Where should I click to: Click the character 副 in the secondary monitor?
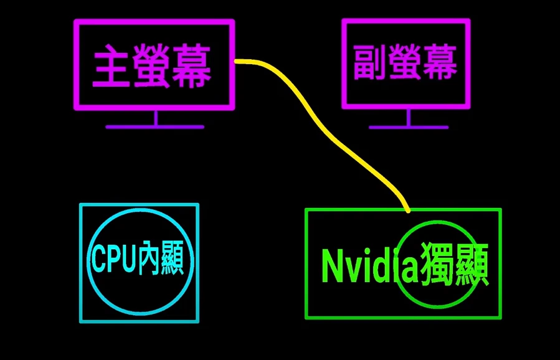pos(371,62)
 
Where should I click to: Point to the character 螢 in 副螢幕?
pos(406,62)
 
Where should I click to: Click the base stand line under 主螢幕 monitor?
pos(154,126)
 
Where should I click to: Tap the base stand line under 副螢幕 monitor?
pos(408,127)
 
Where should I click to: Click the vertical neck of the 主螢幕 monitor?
pos(156,118)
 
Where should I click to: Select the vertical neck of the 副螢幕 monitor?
pos(408,118)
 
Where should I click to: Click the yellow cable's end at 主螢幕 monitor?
pos(238,61)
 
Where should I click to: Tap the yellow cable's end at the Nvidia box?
pos(407,210)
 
